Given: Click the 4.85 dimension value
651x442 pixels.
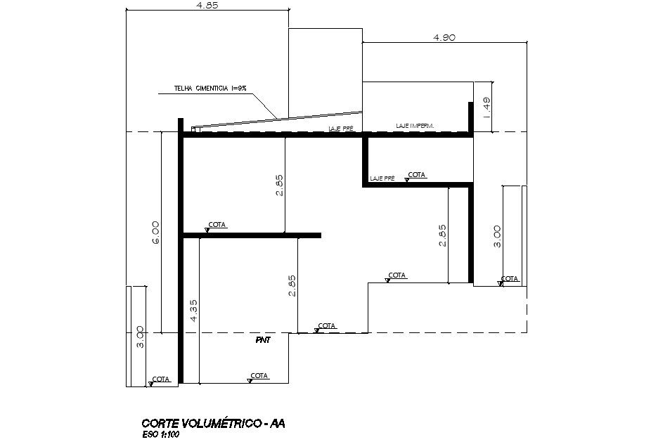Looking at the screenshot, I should tap(207, 5).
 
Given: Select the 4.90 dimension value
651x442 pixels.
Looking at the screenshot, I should tap(445, 38).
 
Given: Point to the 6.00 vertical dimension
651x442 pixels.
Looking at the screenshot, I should tap(155, 233).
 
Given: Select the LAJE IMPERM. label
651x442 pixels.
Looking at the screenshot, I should tap(415, 126).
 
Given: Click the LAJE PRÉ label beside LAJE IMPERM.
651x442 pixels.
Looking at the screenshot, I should tap(340, 129).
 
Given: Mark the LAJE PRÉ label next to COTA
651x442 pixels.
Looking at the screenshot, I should tap(382, 179).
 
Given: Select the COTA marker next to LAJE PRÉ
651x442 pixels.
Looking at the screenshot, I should tap(416, 175).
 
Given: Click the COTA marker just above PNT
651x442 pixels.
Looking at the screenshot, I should tap(326, 326).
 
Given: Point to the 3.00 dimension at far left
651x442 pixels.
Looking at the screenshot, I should tap(140, 337).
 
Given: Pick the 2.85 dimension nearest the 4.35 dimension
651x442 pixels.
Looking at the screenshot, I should tap(292, 285).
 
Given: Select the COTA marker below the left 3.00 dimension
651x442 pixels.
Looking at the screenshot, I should tap(160, 379).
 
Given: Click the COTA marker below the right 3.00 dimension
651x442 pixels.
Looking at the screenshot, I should tap(509, 279).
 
